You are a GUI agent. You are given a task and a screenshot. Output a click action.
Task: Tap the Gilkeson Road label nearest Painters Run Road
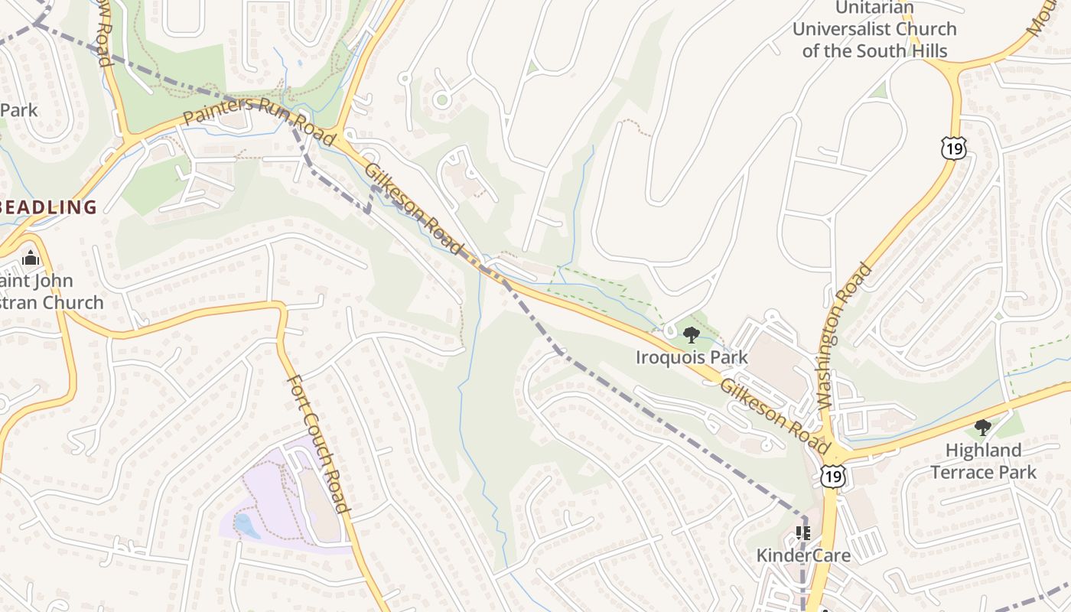click(x=414, y=209)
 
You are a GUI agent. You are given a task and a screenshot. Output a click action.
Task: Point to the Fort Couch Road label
click(x=318, y=444)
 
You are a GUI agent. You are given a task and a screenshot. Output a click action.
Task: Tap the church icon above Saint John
click(x=31, y=258)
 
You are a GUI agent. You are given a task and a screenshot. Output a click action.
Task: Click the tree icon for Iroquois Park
click(x=691, y=335)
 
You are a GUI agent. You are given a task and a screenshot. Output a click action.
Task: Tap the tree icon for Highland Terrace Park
click(x=983, y=428)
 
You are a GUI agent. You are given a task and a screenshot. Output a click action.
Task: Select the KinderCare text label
click(x=803, y=555)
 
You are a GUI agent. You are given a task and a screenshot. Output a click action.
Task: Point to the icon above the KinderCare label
click(x=802, y=532)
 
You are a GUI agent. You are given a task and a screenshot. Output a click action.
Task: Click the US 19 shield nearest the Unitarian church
click(x=954, y=148)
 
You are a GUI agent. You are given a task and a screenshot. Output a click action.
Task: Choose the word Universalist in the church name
click(x=874, y=29)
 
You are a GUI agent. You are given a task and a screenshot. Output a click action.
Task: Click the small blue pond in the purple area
click(x=246, y=526)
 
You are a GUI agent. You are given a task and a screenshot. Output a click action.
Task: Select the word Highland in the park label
click(x=983, y=450)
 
